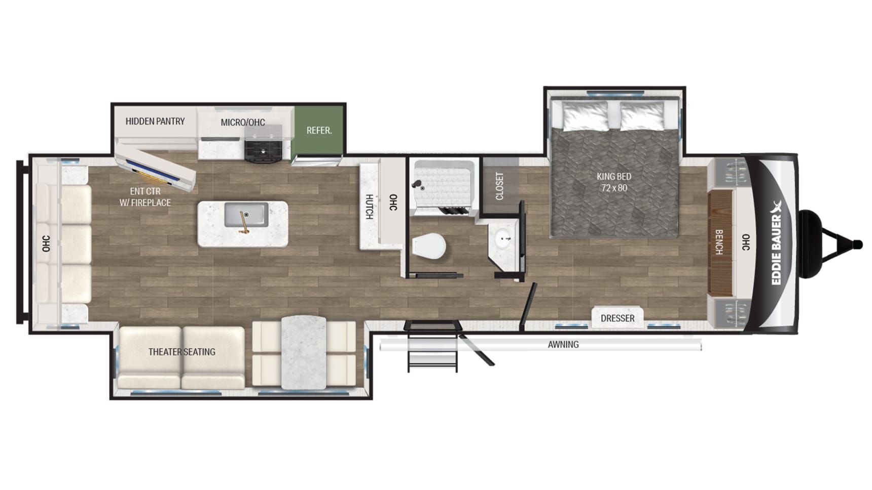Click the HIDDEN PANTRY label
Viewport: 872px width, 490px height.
155,121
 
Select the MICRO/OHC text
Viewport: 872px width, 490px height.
243,123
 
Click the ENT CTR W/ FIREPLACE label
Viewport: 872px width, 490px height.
145,197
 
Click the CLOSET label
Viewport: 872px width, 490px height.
499,186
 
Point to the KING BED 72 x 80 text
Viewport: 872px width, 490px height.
614,182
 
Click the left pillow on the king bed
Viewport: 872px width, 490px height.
586,116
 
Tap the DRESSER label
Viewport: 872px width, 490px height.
617,318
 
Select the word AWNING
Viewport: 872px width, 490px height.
563,345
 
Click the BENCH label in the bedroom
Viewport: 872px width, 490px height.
719,242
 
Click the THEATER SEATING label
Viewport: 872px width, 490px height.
181,352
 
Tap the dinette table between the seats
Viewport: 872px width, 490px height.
304,352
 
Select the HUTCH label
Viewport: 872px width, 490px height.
370,207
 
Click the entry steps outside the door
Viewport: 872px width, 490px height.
432,346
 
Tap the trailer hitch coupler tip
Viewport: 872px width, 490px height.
857,245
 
